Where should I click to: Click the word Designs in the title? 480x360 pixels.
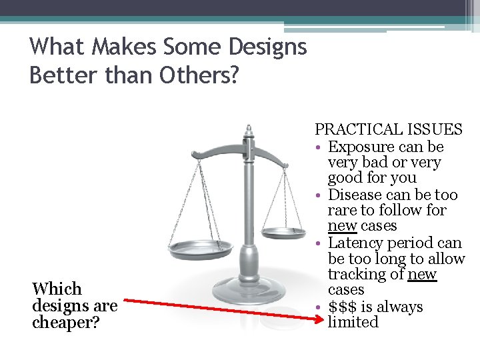click(x=267, y=47)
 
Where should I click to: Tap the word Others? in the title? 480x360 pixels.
click(x=199, y=75)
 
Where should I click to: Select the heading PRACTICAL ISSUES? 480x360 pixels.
click(x=388, y=129)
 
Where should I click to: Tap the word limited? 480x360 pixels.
click(x=353, y=322)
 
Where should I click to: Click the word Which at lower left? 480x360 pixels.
click(x=57, y=289)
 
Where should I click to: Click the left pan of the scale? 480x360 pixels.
click(x=200, y=250)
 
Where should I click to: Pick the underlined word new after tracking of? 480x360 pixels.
click(x=422, y=274)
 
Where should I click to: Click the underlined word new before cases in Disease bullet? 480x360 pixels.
click(x=342, y=226)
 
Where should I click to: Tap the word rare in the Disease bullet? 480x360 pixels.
click(x=342, y=210)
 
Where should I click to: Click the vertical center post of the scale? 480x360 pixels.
click(x=249, y=213)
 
